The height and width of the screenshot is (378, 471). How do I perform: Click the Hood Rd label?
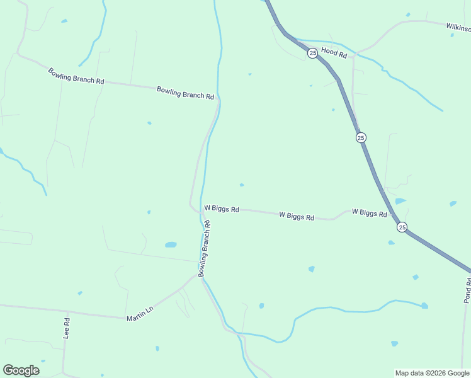point(334,55)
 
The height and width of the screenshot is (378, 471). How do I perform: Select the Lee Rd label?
point(66,328)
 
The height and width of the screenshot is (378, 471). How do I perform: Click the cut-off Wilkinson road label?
point(458,27)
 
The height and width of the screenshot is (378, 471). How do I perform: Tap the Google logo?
point(21,370)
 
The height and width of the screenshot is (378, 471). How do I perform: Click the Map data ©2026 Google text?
point(432,373)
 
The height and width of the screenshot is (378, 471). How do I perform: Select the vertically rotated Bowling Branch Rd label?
point(204,249)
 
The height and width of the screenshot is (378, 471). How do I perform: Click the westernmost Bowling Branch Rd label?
point(76,76)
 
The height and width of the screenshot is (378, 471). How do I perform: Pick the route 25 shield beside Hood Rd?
point(312,54)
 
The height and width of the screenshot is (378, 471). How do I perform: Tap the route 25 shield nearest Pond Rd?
point(402,227)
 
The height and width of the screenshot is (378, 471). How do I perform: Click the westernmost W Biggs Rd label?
point(222,209)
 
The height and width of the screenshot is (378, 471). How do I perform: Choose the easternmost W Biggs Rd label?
point(369,214)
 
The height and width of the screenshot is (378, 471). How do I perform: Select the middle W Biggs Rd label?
point(297,216)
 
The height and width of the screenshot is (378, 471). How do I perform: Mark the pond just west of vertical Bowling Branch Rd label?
point(171,244)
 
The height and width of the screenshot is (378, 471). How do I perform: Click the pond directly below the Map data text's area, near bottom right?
point(394,343)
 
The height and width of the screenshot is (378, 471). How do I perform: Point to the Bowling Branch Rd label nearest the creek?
point(185,93)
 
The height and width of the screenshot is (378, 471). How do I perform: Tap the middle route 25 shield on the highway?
point(360,137)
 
